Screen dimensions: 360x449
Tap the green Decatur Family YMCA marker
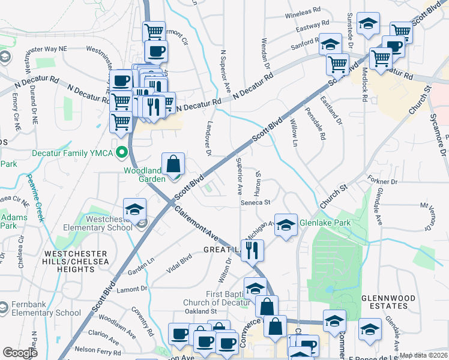point(124,152)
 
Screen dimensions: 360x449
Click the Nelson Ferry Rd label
point(94,349)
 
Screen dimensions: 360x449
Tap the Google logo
point(20,353)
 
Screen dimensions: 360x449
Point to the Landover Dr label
point(208,141)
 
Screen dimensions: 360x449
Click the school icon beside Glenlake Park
point(286,225)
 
